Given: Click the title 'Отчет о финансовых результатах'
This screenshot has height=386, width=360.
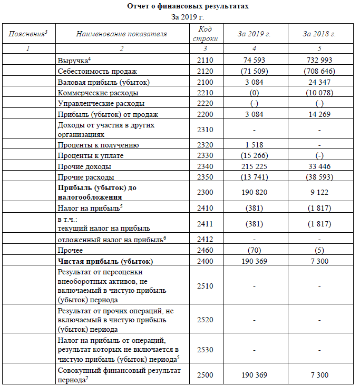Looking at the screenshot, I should click(x=180, y=6).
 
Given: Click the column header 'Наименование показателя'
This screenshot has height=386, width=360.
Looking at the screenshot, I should click(x=121, y=34).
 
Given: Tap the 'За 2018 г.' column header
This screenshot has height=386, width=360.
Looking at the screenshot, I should click(x=319, y=34).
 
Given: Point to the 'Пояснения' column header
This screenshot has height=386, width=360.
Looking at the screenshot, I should click(x=28, y=34).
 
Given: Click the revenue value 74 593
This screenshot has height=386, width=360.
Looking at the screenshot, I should click(x=254, y=60).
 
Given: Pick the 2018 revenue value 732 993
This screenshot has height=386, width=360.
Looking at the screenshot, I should click(x=319, y=60).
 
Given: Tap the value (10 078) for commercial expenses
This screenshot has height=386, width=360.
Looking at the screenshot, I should click(x=319, y=93).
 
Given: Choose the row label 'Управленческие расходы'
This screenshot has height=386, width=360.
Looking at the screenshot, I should click(x=101, y=104).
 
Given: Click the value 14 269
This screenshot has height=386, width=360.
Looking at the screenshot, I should click(x=319, y=114).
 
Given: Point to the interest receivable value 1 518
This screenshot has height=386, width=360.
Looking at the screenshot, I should click(x=254, y=145).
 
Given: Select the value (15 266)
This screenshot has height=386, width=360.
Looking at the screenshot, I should click(x=254, y=155).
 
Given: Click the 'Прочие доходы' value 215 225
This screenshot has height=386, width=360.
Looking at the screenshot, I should click(x=254, y=166).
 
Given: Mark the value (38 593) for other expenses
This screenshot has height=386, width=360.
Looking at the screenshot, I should click(x=319, y=177).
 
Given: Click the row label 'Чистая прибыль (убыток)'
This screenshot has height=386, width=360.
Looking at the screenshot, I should click(x=105, y=261).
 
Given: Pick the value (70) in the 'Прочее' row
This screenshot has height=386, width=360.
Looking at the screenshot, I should click(x=254, y=251).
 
